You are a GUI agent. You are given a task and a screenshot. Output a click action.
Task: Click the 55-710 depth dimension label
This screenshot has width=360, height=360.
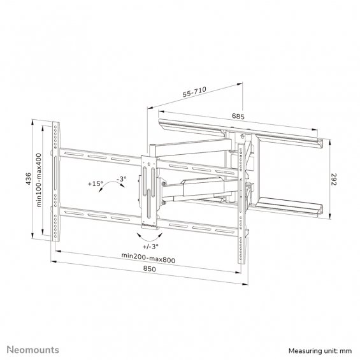coord(194,92)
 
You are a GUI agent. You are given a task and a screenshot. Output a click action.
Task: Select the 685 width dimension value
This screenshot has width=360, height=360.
coord(238,117)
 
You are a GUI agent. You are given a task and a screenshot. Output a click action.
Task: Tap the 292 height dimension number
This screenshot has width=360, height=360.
coord(334,180)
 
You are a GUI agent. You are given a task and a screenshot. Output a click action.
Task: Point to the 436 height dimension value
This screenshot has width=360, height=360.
coord(28,179)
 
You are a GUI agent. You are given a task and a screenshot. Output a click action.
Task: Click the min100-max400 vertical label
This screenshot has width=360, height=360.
coord(39,180)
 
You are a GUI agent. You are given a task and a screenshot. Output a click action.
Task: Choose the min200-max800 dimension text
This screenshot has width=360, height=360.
coord(148,258)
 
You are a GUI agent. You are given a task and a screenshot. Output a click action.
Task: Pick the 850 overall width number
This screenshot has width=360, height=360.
coord(150,269)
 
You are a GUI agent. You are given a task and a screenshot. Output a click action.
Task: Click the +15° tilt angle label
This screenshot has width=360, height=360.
coord(96,184)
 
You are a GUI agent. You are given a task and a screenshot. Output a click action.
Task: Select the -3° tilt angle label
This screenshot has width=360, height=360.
coord(122,179)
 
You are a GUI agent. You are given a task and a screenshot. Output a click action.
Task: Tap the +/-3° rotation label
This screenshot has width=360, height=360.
coord(150,247)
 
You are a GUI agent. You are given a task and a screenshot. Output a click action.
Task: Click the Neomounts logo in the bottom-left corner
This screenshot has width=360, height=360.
coord(33,350)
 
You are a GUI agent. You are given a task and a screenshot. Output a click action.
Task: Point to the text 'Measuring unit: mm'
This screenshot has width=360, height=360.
coord(320,351)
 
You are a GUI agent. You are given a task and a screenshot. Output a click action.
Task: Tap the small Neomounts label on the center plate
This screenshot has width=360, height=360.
coord(148,225)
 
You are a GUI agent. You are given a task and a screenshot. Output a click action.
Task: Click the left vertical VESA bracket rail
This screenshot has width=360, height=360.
coord(56,182)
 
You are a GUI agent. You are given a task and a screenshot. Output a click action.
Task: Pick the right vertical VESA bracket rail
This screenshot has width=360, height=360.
coord(241,204)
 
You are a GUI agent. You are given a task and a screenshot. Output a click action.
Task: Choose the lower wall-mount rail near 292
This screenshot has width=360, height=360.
coord(290,207)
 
